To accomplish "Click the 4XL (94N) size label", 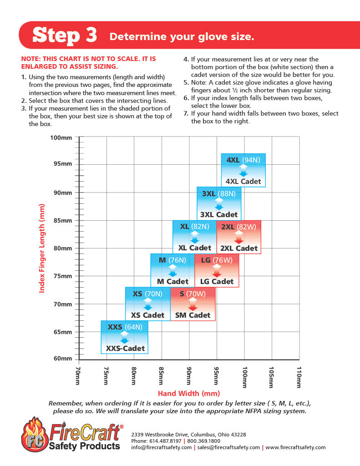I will point(243,160).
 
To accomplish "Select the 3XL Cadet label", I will point(218,214).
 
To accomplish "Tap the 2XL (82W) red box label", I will point(238,227).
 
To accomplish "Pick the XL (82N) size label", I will point(194,227).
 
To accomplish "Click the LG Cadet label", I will point(217,281).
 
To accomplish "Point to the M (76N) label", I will point(172,260).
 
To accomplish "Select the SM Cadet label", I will point(193,315).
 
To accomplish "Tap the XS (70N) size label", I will point(147,294).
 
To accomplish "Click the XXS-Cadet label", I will point(125,349).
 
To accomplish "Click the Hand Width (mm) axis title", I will point(188,393).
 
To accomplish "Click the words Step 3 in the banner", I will point(65,35).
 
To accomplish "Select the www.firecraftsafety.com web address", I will point(296,447).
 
